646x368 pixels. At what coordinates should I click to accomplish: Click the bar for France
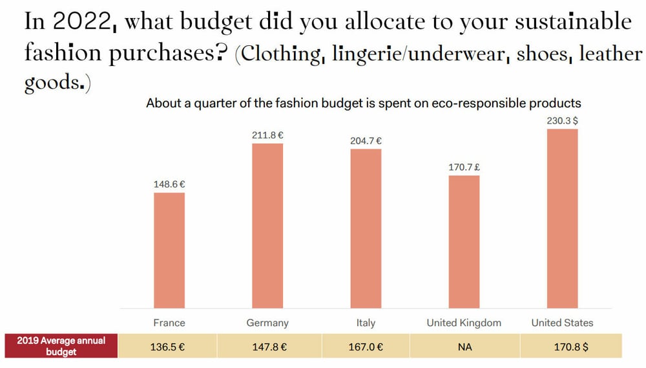tap(169, 250)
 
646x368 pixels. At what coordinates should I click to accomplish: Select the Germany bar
tap(267, 226)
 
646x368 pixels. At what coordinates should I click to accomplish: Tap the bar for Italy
tap(366, 228)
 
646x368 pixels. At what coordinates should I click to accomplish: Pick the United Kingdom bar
tap(464, 242)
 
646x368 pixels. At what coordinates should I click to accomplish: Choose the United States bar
tap(562, 219)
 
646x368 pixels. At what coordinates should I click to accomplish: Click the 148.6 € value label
tap(169, 184)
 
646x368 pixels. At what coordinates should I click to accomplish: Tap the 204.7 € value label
tap(366, 140)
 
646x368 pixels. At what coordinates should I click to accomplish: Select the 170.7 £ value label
tap(464, 167)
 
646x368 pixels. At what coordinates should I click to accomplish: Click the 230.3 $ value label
tap(562, 120)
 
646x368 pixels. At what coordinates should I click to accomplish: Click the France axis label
tap(169, 323)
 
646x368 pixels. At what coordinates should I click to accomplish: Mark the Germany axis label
tap(267, 323)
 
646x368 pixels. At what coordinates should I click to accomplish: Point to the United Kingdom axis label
tap(464, 323)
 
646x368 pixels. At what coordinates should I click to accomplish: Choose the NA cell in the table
tap(464, 347)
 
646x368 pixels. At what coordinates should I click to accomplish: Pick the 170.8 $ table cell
tap(572, 347)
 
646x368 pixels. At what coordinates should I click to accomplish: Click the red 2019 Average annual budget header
tap(61, 346)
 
